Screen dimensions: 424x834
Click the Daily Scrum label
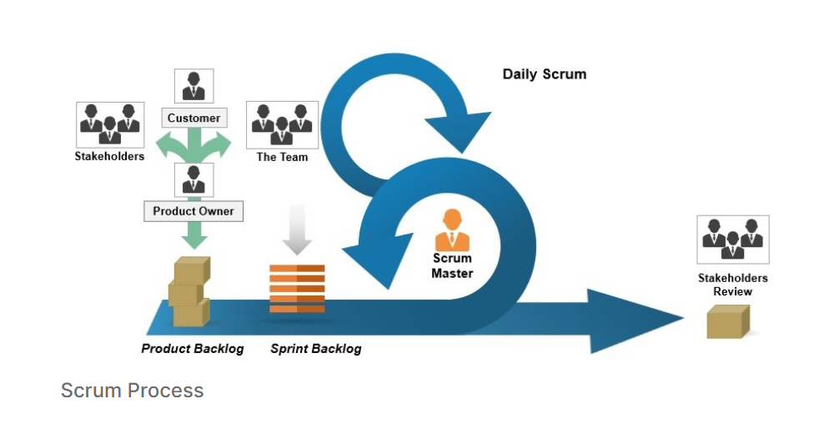point(544,74)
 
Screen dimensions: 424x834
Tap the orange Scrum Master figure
point(452,230)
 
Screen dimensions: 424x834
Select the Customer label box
point(193,119)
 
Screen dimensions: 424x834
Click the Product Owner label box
point(193,211)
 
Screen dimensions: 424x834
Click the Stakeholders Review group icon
point(732,239)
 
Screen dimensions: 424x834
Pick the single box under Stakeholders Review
point(727,321)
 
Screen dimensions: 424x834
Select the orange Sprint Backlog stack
point(297,289)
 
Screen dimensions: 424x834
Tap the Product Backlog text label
point(193,349)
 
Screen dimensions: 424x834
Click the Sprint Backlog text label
point(315,349)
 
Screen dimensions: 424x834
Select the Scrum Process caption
point(132,391)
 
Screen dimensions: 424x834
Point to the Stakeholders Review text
point(732,285)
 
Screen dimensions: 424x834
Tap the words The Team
point(282,157)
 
